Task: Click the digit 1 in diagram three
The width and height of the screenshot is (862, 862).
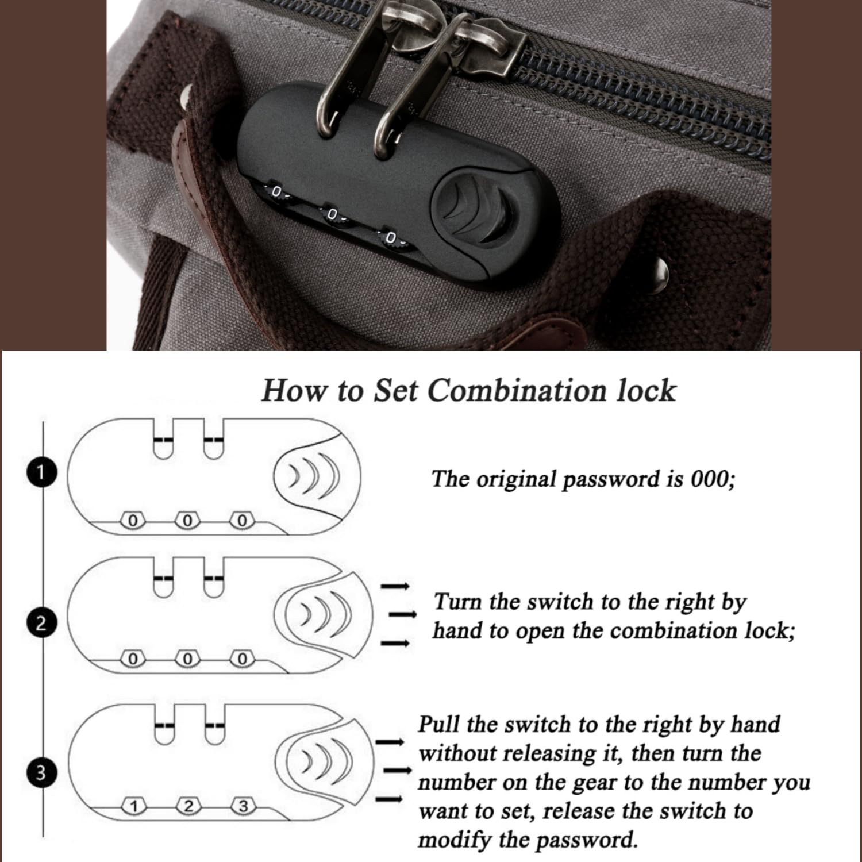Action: [x=133, y=807]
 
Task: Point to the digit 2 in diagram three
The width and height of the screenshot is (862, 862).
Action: [x=187, y=806]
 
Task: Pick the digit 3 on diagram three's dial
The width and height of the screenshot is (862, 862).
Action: [x=243, y=806]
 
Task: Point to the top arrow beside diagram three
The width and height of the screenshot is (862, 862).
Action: [x=390, y=742]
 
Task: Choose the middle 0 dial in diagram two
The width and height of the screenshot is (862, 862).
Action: [x=187, y=659]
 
